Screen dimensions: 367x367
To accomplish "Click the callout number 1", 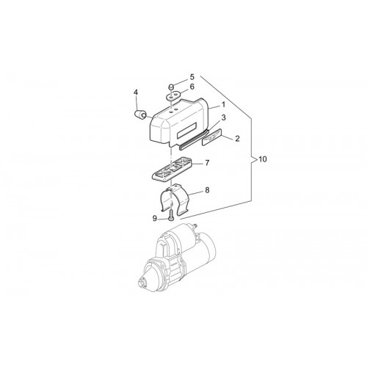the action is click(x=223, y=105).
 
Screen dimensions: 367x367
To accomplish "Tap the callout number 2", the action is click(x=237, y=139).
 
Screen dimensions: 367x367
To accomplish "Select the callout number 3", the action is click(x=223, y=117).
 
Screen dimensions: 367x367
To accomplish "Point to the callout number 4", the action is click(x=136, y=92).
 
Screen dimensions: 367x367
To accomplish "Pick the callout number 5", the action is click(x=192, y=77).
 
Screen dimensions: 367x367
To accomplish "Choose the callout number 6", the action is click(x=192, y=87).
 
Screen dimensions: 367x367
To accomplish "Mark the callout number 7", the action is click(x=207, y=163).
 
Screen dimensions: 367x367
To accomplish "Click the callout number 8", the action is click(x=207, y=190).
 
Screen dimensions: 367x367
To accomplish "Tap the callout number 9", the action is click(x=155, y=219).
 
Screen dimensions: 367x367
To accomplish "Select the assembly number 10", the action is click(x=262, y=159).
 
